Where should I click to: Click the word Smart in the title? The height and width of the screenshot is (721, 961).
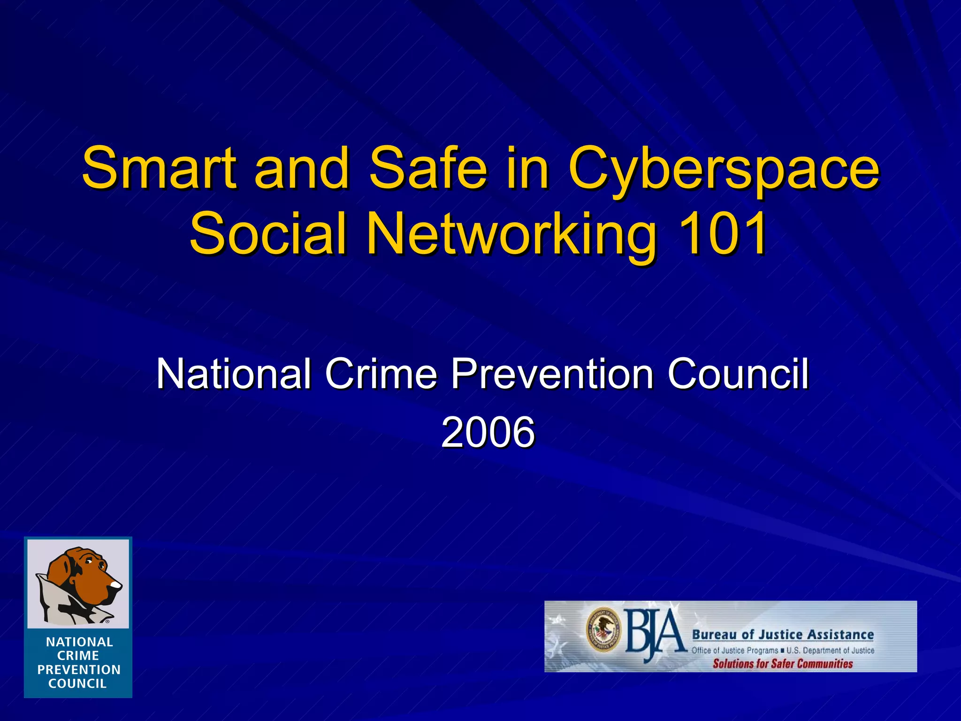click(x=159, y=168)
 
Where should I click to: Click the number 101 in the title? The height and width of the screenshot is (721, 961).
click(x=723, y=233)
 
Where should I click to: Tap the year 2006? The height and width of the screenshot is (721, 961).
click(x=488, y=432)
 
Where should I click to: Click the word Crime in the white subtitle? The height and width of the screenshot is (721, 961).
click(x=381, y=374)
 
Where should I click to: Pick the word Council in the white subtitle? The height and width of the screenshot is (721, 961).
click(x=738, y=374)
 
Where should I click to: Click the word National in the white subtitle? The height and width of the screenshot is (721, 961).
click(x=233, y=374)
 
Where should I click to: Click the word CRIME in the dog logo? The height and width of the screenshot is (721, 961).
click(x=78, y=656)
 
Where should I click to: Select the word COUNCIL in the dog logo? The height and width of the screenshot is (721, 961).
click(x=78, y=683)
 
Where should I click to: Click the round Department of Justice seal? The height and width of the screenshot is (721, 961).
click(x=603, y=629)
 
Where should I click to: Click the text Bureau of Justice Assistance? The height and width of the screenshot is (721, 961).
click(x=783, y=635)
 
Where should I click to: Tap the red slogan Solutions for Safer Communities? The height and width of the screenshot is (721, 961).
click(x=783, y=663)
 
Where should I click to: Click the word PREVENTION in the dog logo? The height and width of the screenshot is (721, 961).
click(x=79, y=670)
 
